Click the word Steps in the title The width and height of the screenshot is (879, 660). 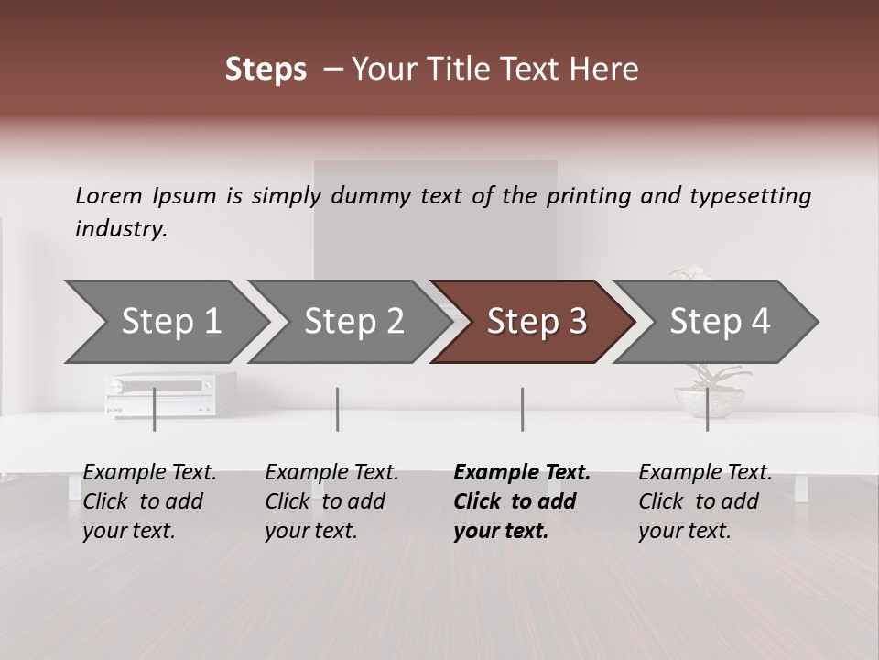coord(266,70)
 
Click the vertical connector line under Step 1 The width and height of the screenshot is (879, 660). coord(155,409)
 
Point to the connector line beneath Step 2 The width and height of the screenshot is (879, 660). coord(338,409)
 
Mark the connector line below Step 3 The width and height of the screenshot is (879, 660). coord(522,409)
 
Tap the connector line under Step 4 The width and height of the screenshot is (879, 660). coord(707,409)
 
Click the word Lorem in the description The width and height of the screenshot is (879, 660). coord(109,195)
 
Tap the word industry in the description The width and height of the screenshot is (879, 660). coord(121,228)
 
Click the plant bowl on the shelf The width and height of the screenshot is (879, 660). coord(710,401)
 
